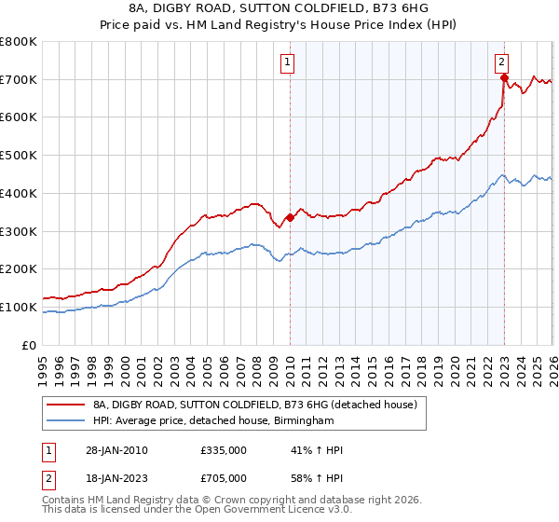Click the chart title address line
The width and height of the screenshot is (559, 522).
pos(279,8)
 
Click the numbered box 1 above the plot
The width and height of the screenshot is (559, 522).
pos(288,62)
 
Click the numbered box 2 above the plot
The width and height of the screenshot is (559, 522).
pos(501,62)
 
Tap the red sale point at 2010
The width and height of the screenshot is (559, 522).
pos(290,217)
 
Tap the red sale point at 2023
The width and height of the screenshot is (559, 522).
pos(504,77)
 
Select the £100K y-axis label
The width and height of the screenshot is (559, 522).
pos(19,307)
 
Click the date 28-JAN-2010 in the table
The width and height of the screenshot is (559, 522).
pos(116,450)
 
